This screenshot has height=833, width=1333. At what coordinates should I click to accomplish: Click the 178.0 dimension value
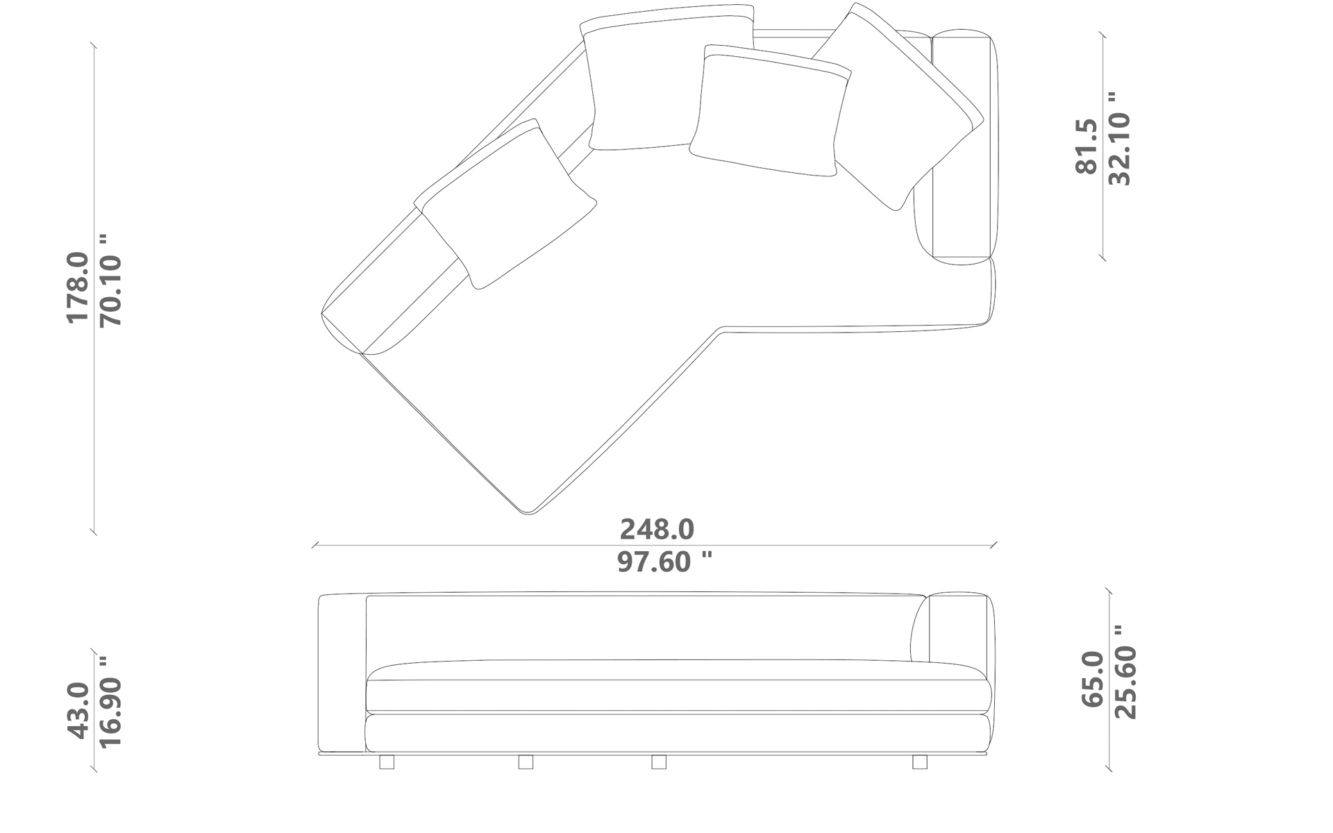coord(78,287)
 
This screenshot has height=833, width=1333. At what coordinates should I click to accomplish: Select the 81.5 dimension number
coord(1087,146)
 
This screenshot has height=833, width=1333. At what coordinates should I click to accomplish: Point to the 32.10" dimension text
coord(1119,139)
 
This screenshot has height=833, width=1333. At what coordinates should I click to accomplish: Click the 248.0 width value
coord(657,530)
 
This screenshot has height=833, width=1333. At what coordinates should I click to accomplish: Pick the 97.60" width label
coord(664,562)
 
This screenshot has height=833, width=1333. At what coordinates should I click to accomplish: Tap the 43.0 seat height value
coord(78,710)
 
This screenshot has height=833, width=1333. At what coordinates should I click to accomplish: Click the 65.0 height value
coord(1092,679)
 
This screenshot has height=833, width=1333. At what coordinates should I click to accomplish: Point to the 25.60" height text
coord(1125,673)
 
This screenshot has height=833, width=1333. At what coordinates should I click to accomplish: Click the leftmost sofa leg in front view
coord(387,762)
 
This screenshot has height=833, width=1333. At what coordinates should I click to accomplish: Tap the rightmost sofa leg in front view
coord(919,762)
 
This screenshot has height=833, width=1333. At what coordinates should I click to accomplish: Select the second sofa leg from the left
coord(526,762)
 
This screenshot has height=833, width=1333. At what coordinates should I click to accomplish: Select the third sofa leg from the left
coord(659,762)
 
